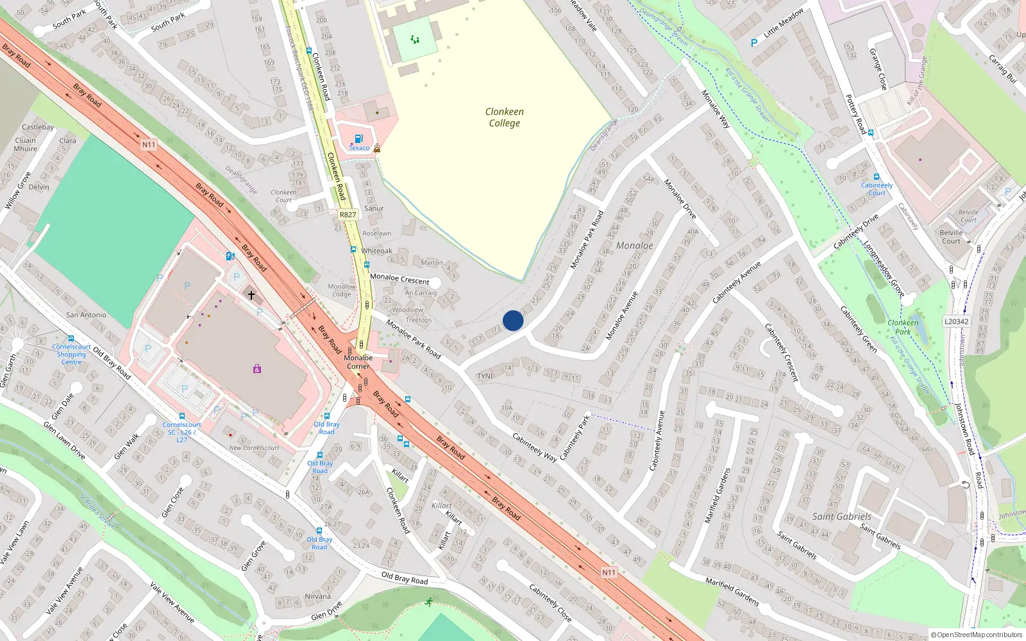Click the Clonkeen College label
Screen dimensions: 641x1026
(x=505, y=117)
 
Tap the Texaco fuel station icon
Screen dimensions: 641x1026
(x=359, y=138)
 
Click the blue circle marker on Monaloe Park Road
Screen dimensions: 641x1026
(x=513, y=320)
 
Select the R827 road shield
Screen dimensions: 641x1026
(x=348, y=215)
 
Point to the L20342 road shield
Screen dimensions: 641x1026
(x=957, y=322)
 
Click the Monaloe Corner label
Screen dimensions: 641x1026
(x=358, y=362)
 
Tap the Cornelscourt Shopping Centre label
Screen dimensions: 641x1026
(x=71, y=354)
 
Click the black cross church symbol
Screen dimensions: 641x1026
(x=251, y=296)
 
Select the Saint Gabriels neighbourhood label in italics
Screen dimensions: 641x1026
(x=841, y=517)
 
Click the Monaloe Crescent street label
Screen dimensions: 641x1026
(x=399, y=279)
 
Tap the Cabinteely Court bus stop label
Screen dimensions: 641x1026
(x=877, y=189)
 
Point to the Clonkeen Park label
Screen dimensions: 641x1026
(x=903, y=327)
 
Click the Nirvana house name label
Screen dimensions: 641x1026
(x=318, y=596)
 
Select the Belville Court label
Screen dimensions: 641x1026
(x=952, y=237)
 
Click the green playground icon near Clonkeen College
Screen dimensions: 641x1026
(x=416, y=40)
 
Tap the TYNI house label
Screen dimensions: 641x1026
(x=485, y=376)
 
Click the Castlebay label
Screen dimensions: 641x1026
(x=38, y=127)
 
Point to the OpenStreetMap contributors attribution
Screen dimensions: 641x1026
(x=977, y=635)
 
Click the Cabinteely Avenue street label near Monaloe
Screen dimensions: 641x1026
(x=737, y=282)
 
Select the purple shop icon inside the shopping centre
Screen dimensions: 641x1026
(x=257, y=369)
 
